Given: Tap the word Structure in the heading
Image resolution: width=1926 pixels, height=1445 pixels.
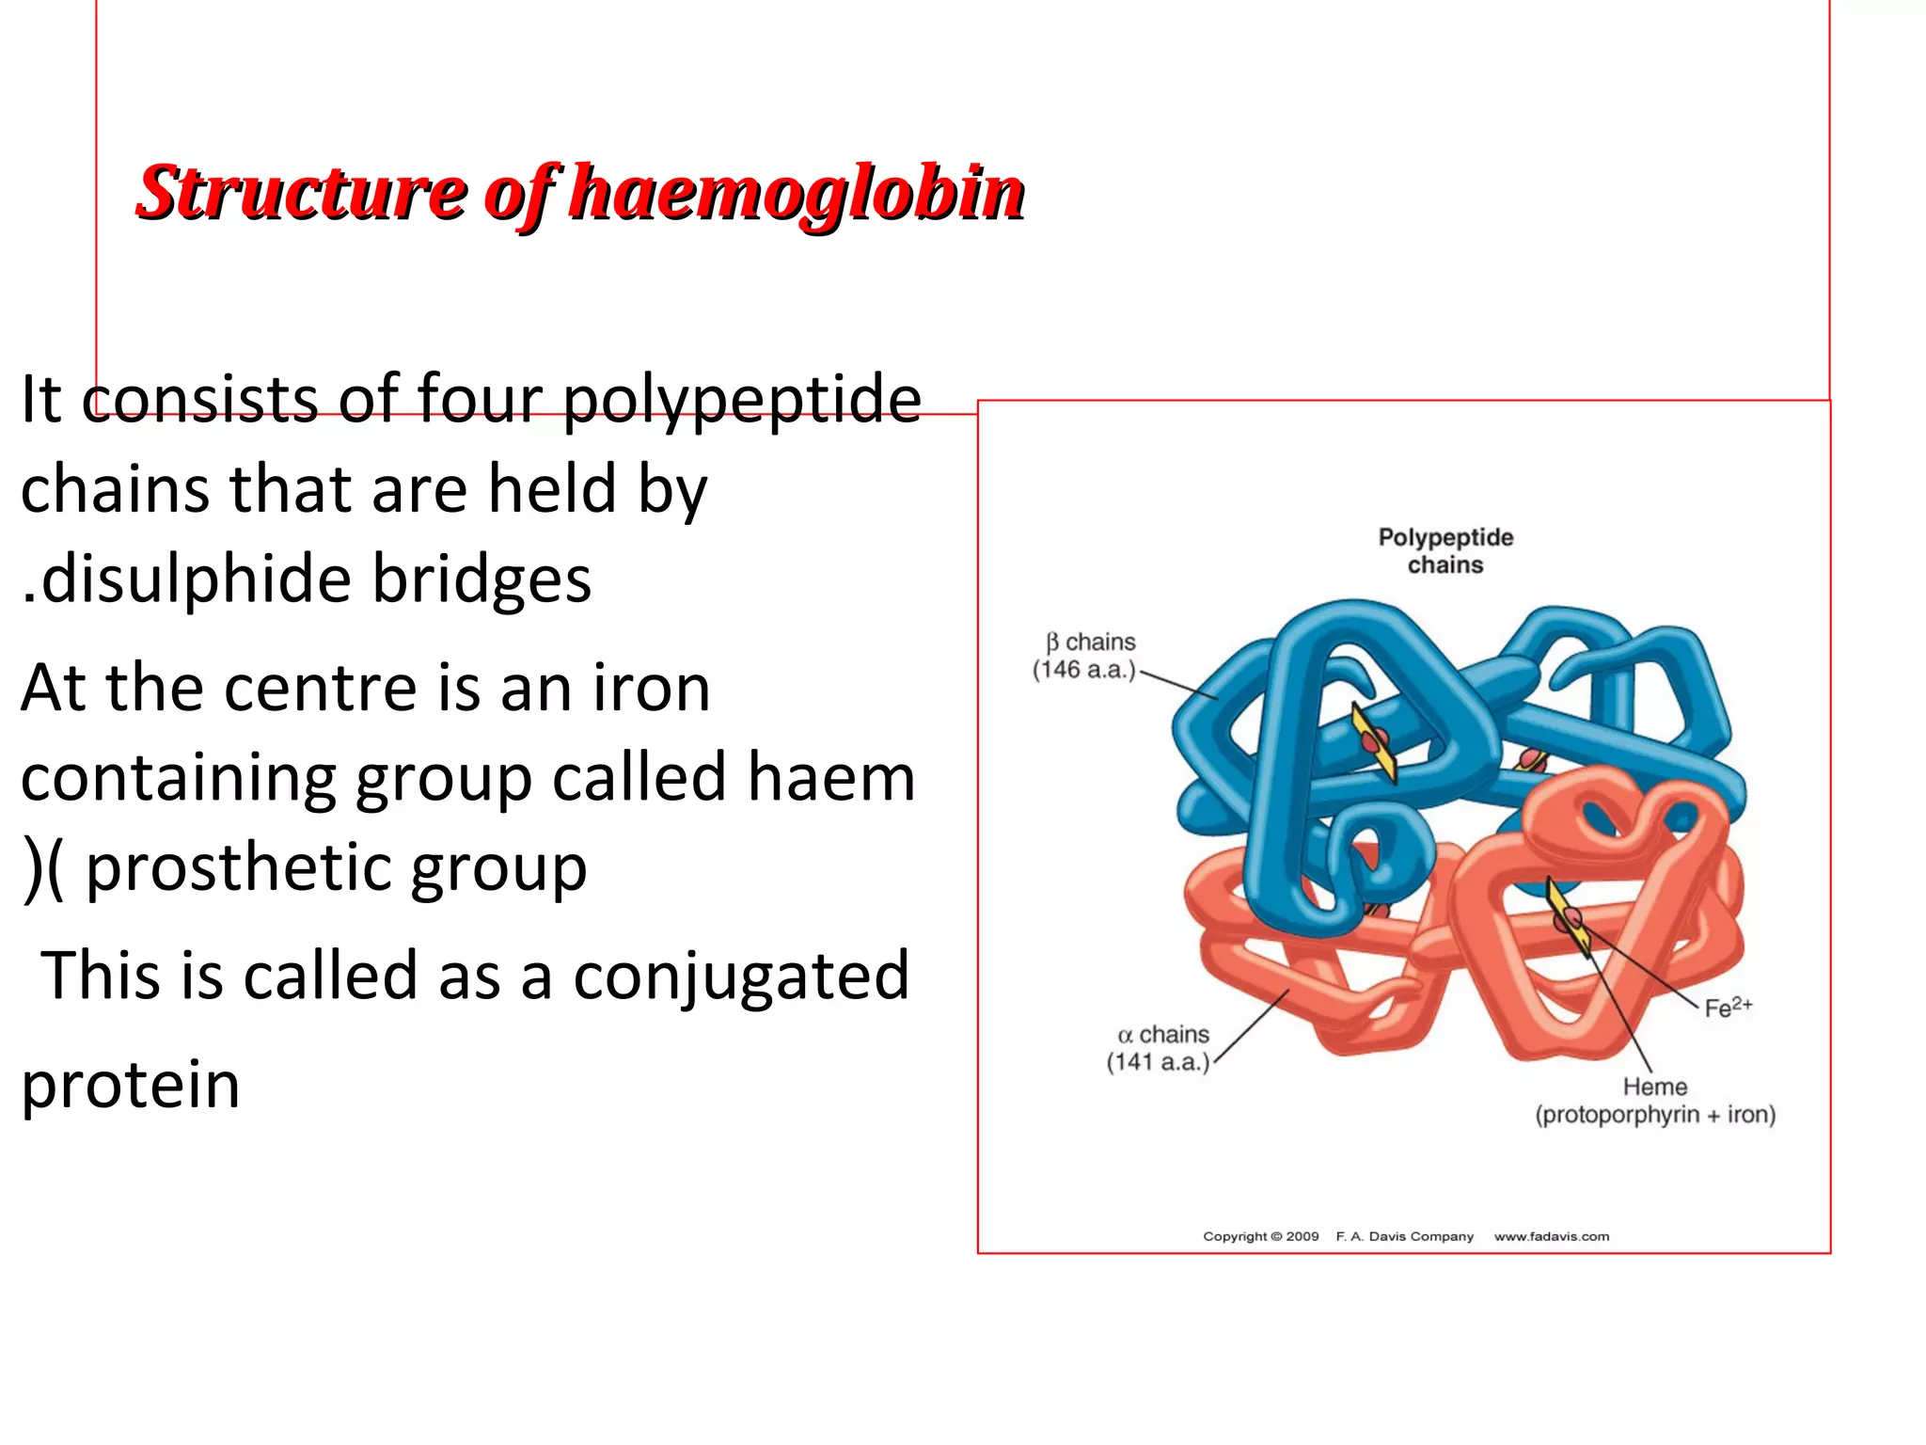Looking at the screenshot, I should (302, 193).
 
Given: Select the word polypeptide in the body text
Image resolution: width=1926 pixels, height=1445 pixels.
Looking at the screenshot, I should (742, 400).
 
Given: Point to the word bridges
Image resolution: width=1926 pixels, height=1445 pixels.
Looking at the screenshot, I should (481, 579).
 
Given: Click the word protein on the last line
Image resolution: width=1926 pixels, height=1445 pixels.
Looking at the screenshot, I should (131, 1085).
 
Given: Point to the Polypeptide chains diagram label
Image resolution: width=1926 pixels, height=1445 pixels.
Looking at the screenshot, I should (1445, 551).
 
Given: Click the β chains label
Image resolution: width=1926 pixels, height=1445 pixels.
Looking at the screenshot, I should (1090, 643).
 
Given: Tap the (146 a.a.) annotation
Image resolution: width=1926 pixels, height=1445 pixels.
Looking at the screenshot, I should (1084, 670).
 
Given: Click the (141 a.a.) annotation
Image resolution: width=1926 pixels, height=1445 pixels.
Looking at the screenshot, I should (1158, 1062).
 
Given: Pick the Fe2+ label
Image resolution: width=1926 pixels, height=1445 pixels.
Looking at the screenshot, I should (1728, 1008).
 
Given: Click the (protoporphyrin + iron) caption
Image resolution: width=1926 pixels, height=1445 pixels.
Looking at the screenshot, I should (1655, 1115).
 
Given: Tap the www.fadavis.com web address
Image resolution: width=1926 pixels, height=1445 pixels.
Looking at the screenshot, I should (1552, 1236).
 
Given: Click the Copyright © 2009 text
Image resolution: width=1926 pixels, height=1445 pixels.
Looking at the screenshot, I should (1260, 1236).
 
